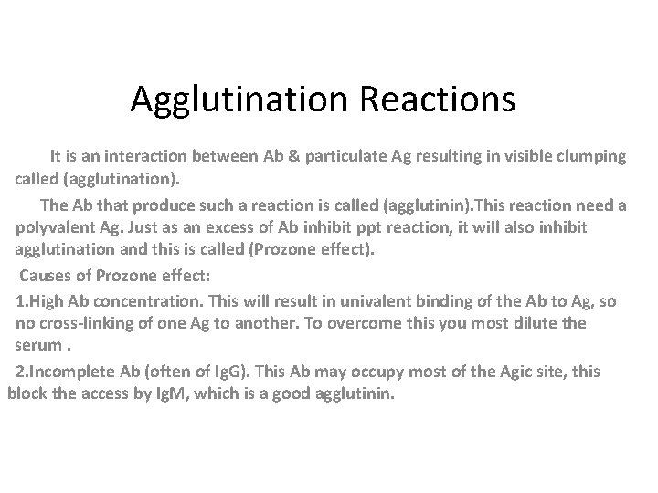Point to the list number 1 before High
click(x=20, y=300)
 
